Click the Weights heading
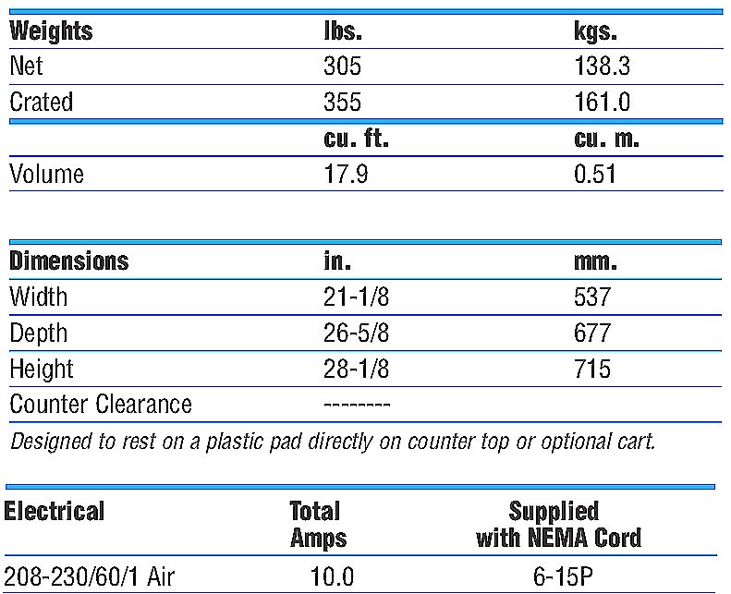click(x=51, y=31)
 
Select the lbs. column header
click(x=343, y=31)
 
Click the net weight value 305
click(x=342, y=67)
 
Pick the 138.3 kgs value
click(x=603, y=67)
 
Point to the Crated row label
click(x=41, y=102)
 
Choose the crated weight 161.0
click(x=603, y=102)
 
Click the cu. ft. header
click(x=356, y=139)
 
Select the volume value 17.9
click(x=346, y=174)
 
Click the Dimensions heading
click(x=68, y=261)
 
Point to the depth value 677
click(x=592, y=333)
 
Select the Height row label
click(x=41, y=369)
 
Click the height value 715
click(x=592, y=369)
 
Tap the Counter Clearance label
click(x=101, y=404)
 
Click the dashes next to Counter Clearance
click(x=358, y=405)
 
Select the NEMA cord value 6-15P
click(x=558, y=578)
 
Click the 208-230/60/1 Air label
click(x=90, y=578)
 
